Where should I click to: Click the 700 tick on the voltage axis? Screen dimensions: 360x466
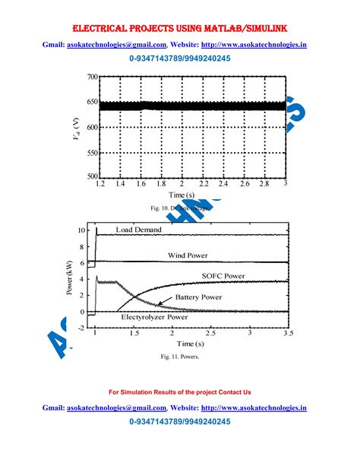(x=90, y=78)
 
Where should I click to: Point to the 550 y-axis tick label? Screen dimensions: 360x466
(x=90, y=152)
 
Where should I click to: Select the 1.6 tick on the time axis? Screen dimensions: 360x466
(x=141, y=185)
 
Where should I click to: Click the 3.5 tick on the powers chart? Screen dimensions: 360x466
(x=288, y=333)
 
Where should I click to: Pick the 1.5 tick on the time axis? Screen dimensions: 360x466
(x=134, y=333)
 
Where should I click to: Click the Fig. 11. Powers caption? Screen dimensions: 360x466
(x=179, y=356)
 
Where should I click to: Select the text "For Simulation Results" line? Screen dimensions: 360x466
(x=179, y=392)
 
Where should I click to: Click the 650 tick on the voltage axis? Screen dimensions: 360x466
(x=90, y=103)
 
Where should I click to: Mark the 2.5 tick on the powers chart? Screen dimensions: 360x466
(x=212, y=333)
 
